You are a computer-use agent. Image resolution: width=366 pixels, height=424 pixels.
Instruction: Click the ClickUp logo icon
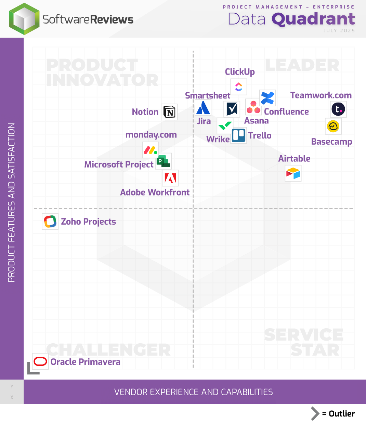(x=239, y=87)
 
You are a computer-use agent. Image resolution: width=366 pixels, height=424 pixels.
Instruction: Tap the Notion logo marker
(x=169, y=112)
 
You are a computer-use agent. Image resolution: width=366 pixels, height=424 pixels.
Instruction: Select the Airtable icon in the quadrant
(x=293, y=173)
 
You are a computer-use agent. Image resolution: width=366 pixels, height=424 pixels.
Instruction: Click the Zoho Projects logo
(x=50, y=222)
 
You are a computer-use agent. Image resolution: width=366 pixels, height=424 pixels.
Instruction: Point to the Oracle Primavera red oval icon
(x=40, y=361)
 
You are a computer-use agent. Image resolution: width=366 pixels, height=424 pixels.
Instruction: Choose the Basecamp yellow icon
(x=333, y=126)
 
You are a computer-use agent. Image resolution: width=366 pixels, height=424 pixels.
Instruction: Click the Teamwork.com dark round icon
(x=338, y=109)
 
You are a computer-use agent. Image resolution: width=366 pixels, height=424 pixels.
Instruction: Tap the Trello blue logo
(x=238, y=135)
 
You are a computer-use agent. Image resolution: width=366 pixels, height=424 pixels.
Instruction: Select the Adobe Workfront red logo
(x=170, y=178)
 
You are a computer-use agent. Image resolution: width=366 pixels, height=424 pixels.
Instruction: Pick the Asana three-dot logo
(x=253, y=107)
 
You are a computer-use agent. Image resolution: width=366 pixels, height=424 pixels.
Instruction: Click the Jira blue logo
(x=203, y=108)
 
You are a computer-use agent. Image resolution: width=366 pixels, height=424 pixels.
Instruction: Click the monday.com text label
(x=151, y=135)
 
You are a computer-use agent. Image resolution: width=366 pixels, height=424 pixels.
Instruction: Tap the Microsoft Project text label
(x=119, y=164)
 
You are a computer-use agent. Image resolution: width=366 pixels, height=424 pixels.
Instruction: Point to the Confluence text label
(x=286, y=112)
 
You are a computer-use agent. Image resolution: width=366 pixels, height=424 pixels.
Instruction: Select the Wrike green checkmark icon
(x=225, y=126)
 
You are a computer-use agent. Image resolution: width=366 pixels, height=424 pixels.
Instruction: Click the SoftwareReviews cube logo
(x=24, y=19)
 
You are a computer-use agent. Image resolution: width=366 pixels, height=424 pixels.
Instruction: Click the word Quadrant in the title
(x=313, y=19)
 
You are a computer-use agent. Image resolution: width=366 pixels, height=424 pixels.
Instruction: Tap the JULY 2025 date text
(x=339, y=30)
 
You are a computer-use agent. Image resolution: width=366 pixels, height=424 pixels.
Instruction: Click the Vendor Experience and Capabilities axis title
(x=193, y=392)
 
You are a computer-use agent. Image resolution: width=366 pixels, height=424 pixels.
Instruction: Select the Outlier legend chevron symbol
(x=315, y=413)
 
